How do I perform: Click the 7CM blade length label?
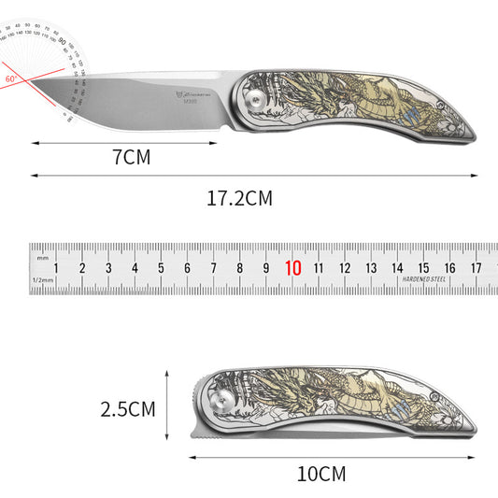pyautogui.click(x=131, y=158)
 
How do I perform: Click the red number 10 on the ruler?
pyautogui.click(x=292, y=268)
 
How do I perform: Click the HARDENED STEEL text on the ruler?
pyautogui.click(x=424, y=279)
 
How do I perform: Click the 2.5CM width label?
pyautogui.click(x=129, y=408)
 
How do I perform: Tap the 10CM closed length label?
pyautogui.click(x=320, y=474)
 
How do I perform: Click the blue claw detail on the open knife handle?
pyautogui.click(x=413, y=116)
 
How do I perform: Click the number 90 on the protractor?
pyautogui.click(x=62, y=40)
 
